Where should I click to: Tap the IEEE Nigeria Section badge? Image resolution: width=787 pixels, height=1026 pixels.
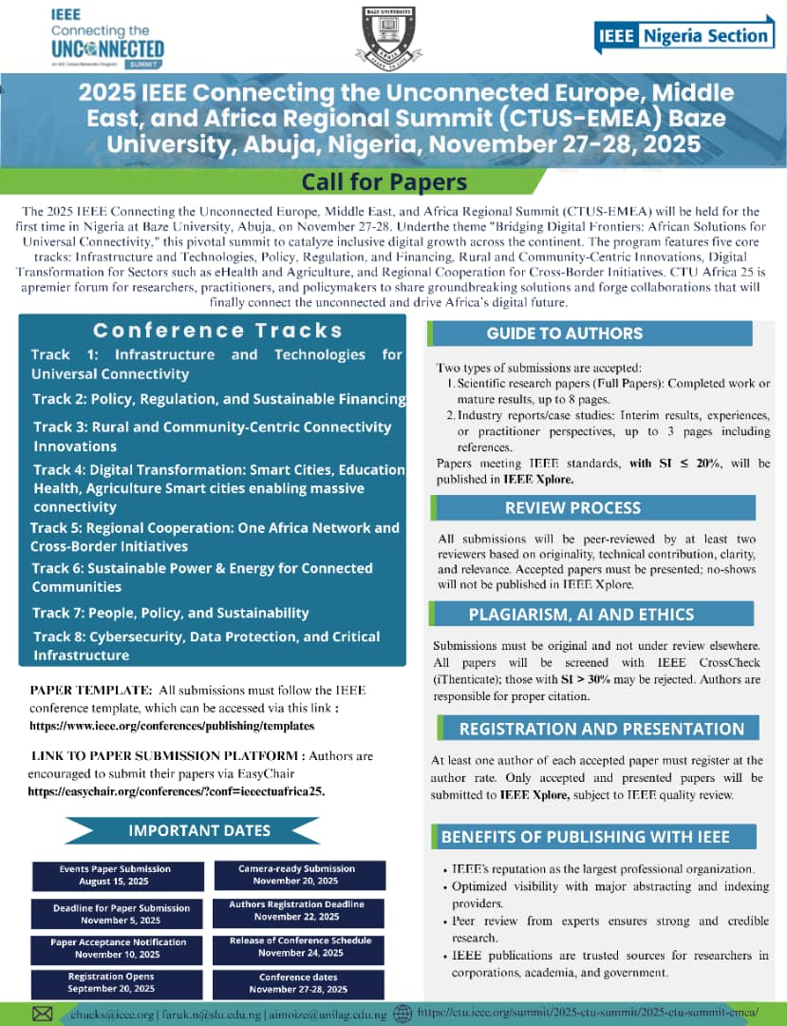click(x=683, y=36)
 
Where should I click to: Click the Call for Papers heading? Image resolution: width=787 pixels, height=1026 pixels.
click(x=384, y=180)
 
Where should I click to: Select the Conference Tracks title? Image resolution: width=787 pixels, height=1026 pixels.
click(x=217, y=331)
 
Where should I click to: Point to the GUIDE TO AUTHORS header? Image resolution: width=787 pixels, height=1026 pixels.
click(x=564, y=333)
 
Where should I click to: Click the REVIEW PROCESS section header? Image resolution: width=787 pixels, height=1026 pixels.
click(x=572, y=507)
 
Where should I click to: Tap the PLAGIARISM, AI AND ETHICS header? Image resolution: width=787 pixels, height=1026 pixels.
click(x=580, y=614)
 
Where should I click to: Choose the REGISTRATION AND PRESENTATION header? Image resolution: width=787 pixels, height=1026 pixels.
click(x=600, y=729)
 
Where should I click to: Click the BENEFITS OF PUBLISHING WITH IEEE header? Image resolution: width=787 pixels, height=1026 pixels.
click(x=585, y=837)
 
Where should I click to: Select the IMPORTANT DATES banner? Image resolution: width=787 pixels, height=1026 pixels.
click(x=199, y=830)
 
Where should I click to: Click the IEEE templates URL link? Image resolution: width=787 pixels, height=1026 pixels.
click(x=171, y=726)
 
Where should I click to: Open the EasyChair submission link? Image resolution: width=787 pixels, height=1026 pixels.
click(x=176, y=790)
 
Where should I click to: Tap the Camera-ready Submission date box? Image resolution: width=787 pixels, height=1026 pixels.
click(x=298, y=875)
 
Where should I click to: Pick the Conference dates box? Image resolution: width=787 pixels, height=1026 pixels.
click(x=298, y=983)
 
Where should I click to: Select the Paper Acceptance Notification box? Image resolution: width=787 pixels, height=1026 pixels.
click(x=117, y=948)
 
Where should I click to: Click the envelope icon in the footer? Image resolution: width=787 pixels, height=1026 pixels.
click(x=43, y=1014)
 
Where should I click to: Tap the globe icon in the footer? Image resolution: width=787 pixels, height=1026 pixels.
click(x=403, y=1013)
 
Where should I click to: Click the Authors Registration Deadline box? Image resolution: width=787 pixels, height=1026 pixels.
click(x=298, y=911)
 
